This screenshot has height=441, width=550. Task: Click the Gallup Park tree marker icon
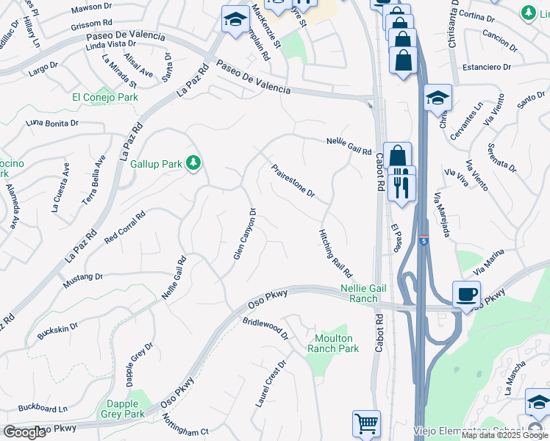(x=193, y=162)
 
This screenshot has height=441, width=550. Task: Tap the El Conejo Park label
(x=105, y=97)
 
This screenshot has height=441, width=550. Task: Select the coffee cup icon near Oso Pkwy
(x=466, y=295)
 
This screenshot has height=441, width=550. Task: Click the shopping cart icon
(x=366, y=423)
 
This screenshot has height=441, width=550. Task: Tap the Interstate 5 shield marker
(x=424, y=240)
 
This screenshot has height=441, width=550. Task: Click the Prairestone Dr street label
(x=293, y=181)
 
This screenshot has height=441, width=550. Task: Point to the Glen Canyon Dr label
(x=244, y=234)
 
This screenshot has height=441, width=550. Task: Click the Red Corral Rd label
(x=125, y=228)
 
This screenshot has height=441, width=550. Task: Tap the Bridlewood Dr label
(x=265, y=328)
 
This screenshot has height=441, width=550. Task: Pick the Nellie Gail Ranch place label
(x=359, y=293)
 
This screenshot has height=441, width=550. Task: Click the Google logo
(x=25, y=432)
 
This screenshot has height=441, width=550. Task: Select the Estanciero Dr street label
(x=486, y=68)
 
